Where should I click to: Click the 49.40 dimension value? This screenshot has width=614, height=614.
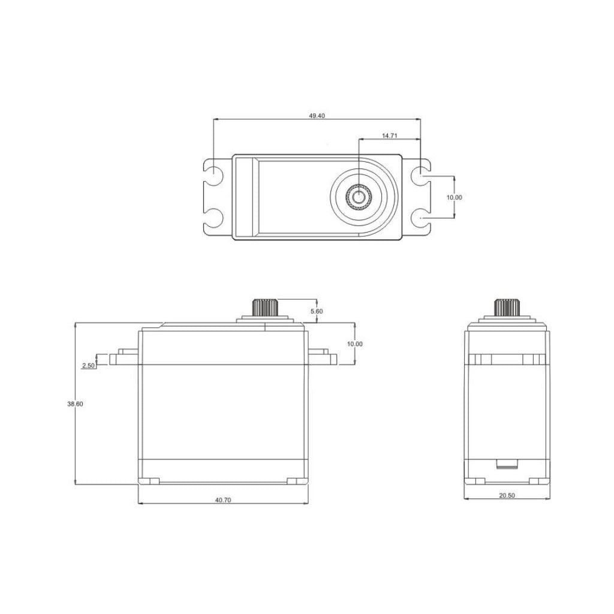pos(317,116)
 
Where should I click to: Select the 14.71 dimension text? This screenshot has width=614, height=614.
pos(390,136)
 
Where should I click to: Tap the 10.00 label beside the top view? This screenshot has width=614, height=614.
pos(455,197)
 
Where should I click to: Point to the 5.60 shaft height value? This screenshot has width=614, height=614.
pos(316,311)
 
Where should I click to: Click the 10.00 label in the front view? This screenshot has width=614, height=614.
pos(354,344)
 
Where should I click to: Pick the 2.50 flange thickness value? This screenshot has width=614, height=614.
pos(88,365)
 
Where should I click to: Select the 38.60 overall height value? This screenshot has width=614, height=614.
pos(75,404)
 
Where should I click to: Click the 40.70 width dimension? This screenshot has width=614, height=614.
pos(222,500)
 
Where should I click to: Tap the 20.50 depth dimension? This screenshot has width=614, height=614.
pos(507,495)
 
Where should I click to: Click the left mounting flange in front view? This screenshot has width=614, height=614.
pos(124,359)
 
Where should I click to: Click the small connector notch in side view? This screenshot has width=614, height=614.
pos(507,463)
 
